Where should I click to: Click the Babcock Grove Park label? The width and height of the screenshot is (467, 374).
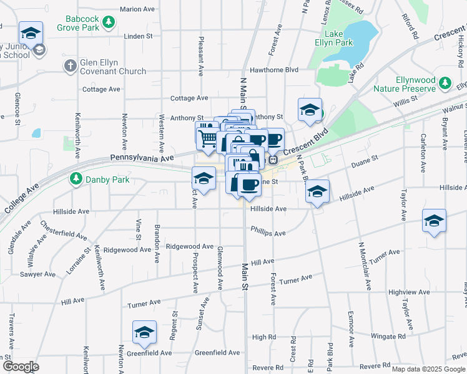[x=77, y=24]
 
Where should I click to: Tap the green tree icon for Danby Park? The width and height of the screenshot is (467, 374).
[x=76, y=179]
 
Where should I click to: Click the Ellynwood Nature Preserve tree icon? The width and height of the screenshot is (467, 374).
[x=445, y=83]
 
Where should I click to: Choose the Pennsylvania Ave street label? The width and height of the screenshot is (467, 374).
[x=142, y=159]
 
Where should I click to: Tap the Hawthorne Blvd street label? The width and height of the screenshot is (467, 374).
[x=274, y=70]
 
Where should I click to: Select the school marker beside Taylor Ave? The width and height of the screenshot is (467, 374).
[x=434, y=220]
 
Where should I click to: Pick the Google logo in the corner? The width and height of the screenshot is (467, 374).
[x=21, y=366]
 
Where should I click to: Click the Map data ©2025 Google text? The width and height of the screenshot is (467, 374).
[x=428, y=369]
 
